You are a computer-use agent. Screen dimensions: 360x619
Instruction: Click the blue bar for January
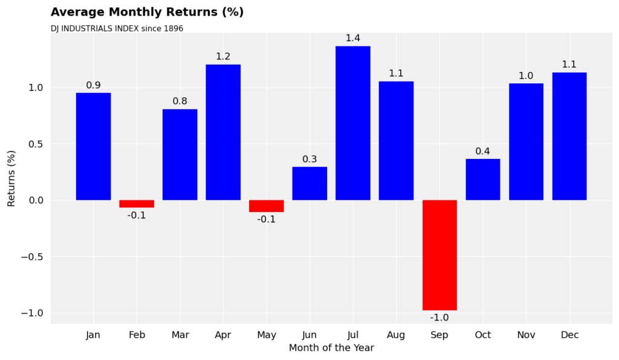pos(93,146)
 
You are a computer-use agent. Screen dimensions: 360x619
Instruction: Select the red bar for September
pos(439,255)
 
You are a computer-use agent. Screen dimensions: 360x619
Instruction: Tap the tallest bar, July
pos(353,123)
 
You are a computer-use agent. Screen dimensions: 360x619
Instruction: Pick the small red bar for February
pos(137,204)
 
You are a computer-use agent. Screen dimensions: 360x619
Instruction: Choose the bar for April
pos(223,132)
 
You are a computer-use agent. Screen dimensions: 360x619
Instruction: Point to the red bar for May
pos(267,206)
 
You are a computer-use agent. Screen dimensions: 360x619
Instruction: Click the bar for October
pos(482,179)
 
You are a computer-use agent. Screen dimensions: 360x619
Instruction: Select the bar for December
pos(569,137)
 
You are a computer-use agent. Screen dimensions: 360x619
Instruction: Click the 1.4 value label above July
pos(353,38)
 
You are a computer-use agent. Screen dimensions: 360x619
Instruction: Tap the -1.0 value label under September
pos(439,318)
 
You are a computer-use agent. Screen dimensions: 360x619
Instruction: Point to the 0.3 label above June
pos(309,159)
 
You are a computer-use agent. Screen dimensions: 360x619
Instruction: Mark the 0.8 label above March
pos(180,101)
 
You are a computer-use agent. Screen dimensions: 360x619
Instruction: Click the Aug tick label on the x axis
pos(396,335)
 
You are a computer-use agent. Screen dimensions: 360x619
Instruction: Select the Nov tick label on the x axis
pos(526,335)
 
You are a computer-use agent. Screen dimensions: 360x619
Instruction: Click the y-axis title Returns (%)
pos(11,178)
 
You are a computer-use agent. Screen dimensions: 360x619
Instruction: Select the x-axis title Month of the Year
pos(331,348)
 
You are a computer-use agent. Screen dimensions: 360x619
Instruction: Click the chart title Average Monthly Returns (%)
pos(147,12)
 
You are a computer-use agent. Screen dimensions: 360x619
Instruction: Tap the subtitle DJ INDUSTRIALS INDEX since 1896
pos(117,28)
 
